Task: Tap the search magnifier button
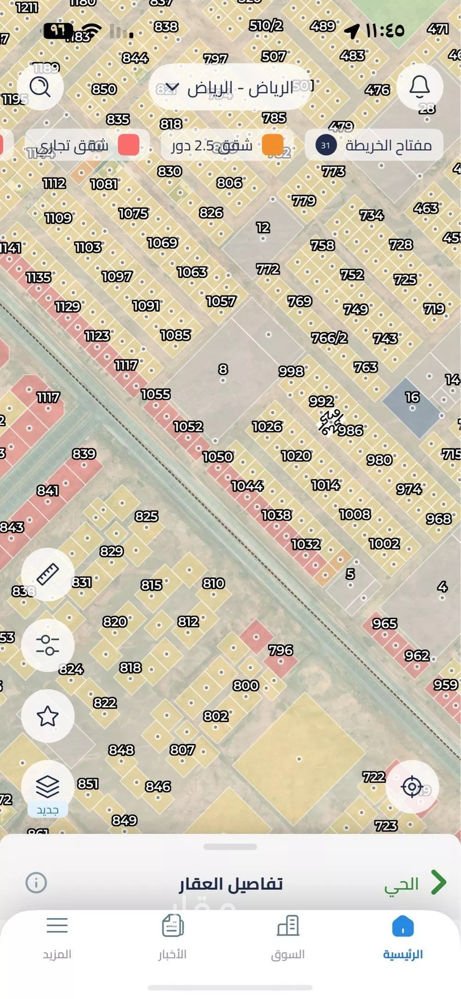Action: coord(40,87)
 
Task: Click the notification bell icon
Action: coord(419,87)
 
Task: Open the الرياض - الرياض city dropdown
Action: coord(230,87)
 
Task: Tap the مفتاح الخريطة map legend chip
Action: coord(374,146)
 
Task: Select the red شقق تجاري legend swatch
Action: coord(129,145)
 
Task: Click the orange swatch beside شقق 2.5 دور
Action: coord(272,146)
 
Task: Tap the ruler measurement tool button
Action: coord(48,575)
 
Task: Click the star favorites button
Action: coord(48,716)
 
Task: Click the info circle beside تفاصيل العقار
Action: coord(36,883)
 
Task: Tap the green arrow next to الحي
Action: coord(439,883)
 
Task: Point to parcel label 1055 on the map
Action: coord(156,394)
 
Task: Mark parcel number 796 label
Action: coord(281,650)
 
